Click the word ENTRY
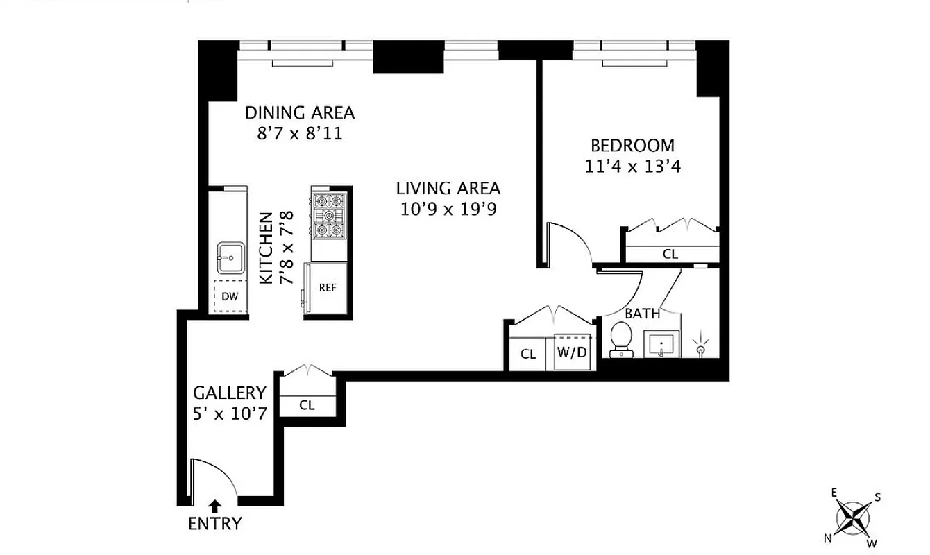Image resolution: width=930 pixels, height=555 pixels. point(215,524)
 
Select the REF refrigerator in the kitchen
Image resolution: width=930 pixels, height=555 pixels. point(328,287)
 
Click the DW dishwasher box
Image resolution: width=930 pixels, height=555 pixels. point(230,297)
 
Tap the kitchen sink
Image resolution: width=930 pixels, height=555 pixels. point(229,258)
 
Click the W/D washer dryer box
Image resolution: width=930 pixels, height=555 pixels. point(573,352)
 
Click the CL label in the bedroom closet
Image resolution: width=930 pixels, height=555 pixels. point(670,255)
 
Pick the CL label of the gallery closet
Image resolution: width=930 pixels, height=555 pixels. point(307,405)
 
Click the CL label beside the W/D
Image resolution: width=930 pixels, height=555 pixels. point(529,354)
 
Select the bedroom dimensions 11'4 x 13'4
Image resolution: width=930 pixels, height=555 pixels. point(632,167)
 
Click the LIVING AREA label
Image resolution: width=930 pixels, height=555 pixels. point(448,188)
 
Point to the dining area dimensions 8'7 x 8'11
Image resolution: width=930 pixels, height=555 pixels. point(299,133)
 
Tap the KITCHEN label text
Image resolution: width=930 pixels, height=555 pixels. point(265,248)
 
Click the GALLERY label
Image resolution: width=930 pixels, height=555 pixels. point(229,393)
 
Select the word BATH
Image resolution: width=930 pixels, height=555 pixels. point(643,314)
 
